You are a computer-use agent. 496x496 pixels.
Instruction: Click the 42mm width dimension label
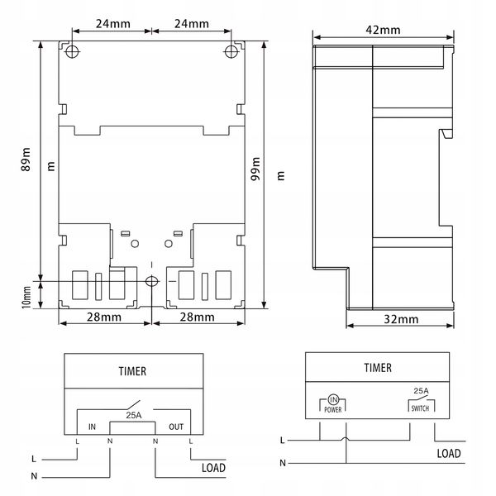point(383,30)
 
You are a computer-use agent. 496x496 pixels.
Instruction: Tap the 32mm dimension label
point(401,319)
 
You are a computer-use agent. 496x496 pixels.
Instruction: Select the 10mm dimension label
point(26,298)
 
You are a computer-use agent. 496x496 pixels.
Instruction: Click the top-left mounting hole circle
point(72,51)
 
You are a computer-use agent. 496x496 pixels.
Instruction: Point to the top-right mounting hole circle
point(231,51)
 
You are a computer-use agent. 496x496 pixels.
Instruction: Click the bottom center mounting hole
point(152,281)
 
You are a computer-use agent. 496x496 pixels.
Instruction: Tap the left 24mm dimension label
point(113,24)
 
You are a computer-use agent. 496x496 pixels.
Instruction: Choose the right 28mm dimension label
point(197,317)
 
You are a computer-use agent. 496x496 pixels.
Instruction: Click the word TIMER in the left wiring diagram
point(132,371)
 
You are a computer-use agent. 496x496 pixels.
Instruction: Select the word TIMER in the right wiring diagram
point(378,368)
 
